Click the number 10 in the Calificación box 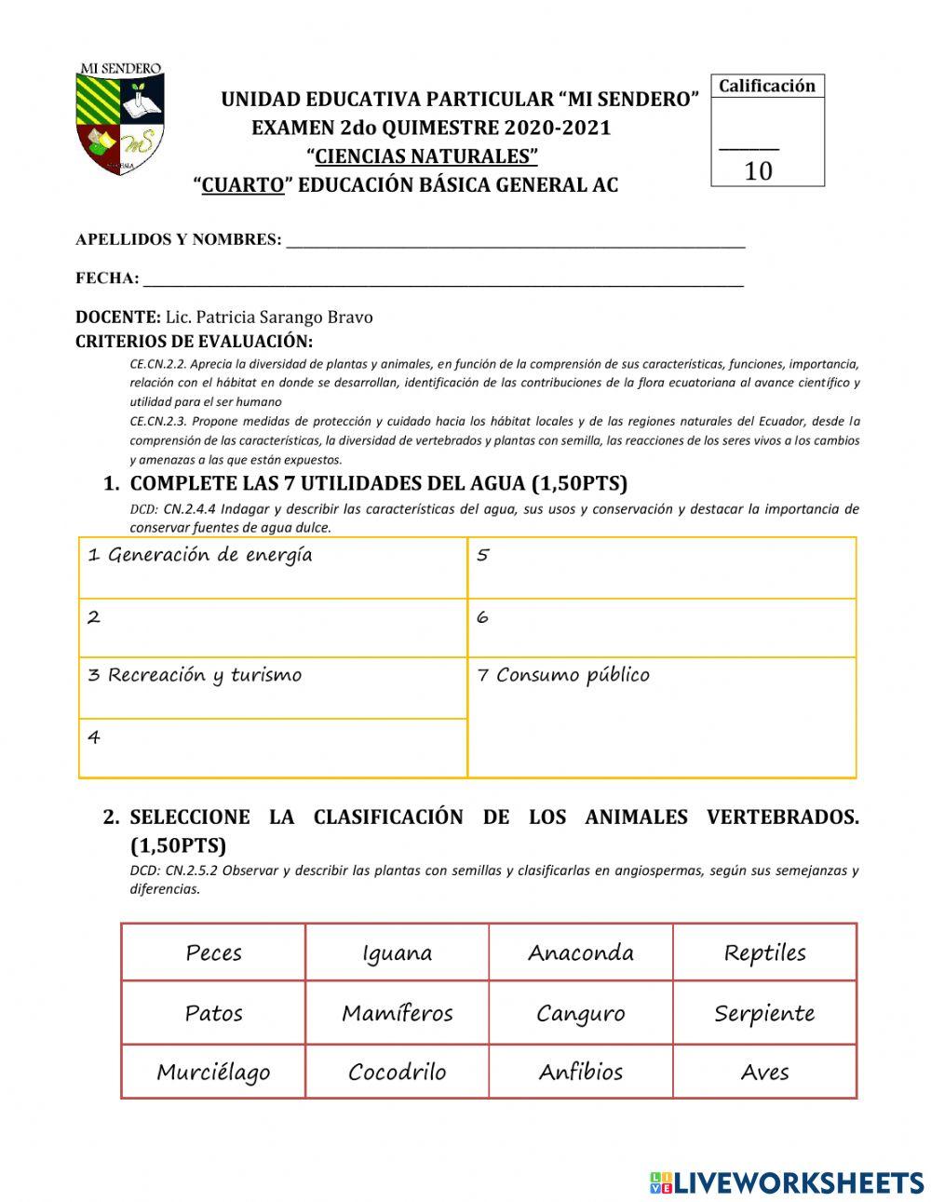click(x=758, y=171)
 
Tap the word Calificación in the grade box click(x=767, y=87)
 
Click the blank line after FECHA click(x=442, y=279)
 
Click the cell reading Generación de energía click(x=272, y=567)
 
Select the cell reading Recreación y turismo click(x=272, y=687)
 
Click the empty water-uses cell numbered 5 click(x=661, y=567)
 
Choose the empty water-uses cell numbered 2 click(x=272, y=628)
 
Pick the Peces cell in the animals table click(x=213, y=952)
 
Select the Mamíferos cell click(x=397, y=1013)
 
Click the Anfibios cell click(x=580, y=1072)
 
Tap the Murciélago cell click(x=213, y=1072)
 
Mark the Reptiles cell click(x=764, y=952)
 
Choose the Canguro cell click(x=580, y=1013)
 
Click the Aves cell click(x=764, y=1072)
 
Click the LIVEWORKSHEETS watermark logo click(x=787, y=1182)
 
